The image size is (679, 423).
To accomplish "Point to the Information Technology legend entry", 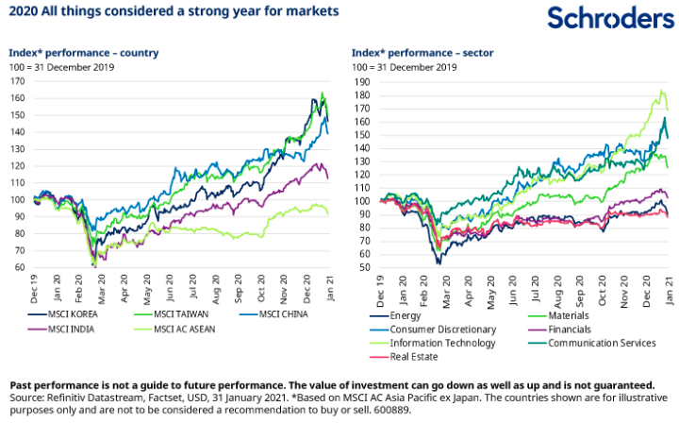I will (430, 343).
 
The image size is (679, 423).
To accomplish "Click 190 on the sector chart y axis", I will (360, 81).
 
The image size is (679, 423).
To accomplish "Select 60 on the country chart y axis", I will (20, 268).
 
